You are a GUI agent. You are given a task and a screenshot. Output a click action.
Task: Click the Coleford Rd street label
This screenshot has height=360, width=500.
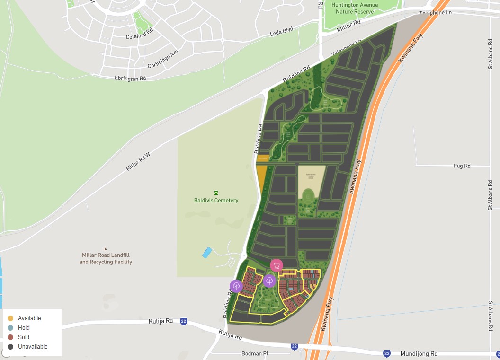pos(140,37)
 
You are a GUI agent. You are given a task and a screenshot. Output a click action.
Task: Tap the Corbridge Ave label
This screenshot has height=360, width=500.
pos(162,60)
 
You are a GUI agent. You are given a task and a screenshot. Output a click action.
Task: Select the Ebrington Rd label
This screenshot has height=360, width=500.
pos(130,79)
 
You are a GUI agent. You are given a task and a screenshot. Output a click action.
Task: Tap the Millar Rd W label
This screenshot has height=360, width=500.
pos(138,162)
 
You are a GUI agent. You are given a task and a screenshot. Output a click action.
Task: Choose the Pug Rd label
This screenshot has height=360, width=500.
pos(462,166)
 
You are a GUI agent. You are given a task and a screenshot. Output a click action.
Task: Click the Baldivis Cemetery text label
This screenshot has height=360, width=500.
pos(216,200)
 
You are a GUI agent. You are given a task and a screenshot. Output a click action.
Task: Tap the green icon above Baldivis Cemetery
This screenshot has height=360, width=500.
pos(216,193)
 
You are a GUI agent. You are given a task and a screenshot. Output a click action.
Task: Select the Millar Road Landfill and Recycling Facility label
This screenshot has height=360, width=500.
pos(106,258)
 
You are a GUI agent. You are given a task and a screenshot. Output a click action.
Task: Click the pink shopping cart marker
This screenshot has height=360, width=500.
pos(277,265)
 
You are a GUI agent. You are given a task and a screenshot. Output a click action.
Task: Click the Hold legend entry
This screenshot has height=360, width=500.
pos(24,328)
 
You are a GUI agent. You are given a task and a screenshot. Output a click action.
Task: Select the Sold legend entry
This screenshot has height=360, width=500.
pos(24,337)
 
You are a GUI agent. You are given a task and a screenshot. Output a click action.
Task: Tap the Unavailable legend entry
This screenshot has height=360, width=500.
pos(33,347)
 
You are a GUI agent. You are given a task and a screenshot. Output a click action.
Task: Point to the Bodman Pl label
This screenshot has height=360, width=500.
pos(255,354)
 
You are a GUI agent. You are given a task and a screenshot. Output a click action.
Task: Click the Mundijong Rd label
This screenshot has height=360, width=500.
pos(419,354)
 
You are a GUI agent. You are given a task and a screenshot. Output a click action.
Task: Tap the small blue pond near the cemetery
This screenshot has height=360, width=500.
pos(207,253)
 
